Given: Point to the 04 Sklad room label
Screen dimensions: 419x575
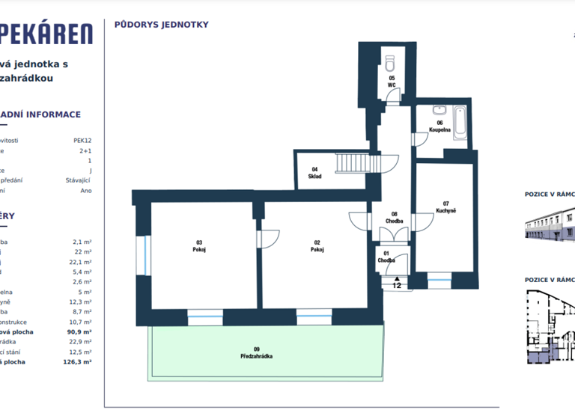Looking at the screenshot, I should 315,173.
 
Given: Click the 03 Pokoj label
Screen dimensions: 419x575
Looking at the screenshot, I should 199,245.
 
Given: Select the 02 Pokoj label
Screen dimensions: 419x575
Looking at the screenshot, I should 317,245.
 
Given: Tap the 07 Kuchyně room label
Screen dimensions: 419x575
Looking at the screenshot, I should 445,207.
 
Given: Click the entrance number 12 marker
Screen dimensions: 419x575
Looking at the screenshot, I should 397,285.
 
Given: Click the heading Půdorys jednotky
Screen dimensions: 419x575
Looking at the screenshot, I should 161,25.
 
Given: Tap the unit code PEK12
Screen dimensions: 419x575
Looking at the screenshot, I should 82,140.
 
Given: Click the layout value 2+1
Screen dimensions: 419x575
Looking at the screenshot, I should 86,150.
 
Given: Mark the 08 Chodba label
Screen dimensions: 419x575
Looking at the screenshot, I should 395,218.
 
